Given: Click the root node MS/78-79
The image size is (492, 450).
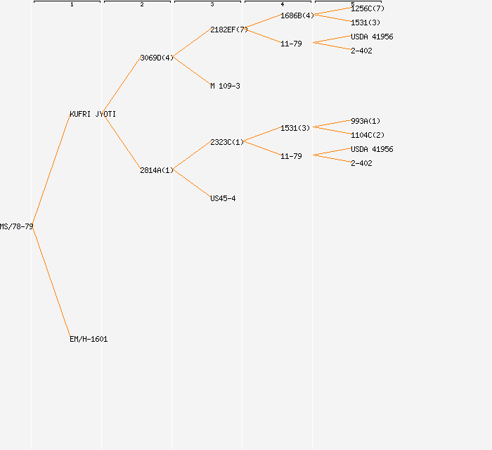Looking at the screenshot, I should pyautogui.click(x=16, y=226).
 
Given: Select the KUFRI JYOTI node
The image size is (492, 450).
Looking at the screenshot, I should pyautogui.click(x=93, y=114).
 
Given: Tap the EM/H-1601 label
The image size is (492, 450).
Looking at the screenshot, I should pyautogui.click(x=89, y=339).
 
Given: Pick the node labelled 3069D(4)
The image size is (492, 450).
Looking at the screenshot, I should pyautogui.click(x=157, y=58).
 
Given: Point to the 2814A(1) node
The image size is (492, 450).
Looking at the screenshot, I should pyautogui.click(x=157, y=170).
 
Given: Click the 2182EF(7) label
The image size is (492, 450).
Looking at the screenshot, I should pyautogui.click(x=229, y=30).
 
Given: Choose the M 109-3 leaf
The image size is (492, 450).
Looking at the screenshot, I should pyautogui.click(x=225, y=86).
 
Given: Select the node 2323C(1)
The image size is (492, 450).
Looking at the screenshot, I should pyautogui.click(x=227, y=142).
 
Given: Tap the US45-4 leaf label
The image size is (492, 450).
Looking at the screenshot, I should pyautogui.click(x=223, y=198).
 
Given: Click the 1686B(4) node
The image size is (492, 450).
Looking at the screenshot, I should pyautogui.click(x=297, y=15).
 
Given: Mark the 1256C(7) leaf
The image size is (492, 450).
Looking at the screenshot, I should pyautogui.click(x=368, y=8).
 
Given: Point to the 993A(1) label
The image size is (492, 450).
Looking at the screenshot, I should pyautogui.click(x=365, y=121).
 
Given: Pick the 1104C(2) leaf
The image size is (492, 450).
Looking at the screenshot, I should pyautogui.click(x=368, y=135).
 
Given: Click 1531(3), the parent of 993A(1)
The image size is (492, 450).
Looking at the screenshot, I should pyautogui.click(x=295, y=128).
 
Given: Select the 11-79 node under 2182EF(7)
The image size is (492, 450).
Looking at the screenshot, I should pyautogui.click(x=291, y=44).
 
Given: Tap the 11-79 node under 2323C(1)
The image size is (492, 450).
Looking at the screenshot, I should pyautogui.click(x=291, y=156).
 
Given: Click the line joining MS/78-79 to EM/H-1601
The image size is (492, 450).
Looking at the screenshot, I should pyautogui.click(x=51, y=283).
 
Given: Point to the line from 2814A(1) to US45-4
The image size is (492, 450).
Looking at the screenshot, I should pyautogui.click(x=191, y=184).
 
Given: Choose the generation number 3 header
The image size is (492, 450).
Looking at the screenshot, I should pyautogui.click(x=212, y=5).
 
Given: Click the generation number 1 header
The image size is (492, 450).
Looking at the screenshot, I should pyautogui.click(x=72, y=5).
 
